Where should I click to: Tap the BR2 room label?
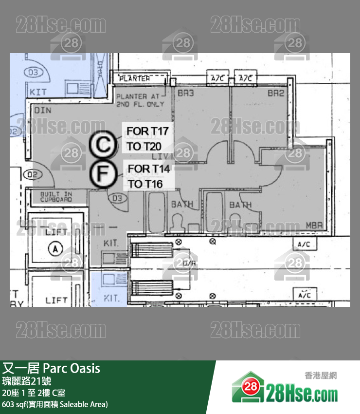(x=276, y=93)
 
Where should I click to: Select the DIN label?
(x=43, y=111)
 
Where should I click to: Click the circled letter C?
(x=103, y=145)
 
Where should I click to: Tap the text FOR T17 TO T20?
(x=147, y=138)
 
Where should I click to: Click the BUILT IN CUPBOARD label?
(x=56, y=196)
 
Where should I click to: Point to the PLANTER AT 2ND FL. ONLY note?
(x=140, y=100)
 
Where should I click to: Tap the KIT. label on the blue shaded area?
(x=112, y=297)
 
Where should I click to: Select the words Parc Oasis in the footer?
(x=72, y=368)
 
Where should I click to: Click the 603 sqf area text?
(x=55, y=404)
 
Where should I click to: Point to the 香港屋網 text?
(x=321, y=376)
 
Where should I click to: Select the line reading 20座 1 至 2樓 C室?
(x=34, y=393)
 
